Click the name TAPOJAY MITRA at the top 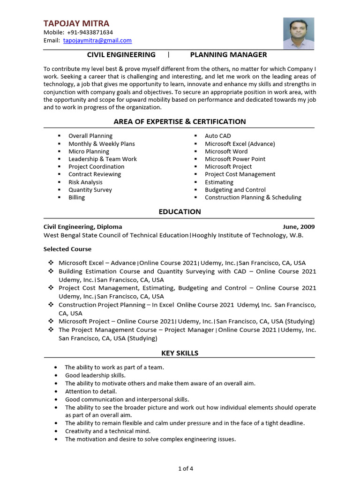tap(76, 23)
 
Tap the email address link tap(97, 40)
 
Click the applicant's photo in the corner tap(299, 33)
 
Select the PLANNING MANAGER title tap(228, 55)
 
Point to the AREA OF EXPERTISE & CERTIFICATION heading tap(180, 122)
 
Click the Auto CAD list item tap(217, 136)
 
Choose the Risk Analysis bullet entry tap(85, 182)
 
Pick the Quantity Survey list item tap(90, 190)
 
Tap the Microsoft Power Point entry tap(235, 159)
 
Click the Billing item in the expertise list tap(76, 197)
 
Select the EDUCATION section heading tap(180, 212)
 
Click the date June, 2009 tap(299, 227)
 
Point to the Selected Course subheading tap(67, 249)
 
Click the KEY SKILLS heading tap(180, 353)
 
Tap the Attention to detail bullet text tap(91, 391)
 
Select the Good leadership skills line tap(95, 375)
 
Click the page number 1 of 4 tap(185, 468)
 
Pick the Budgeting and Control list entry tap(235, 190)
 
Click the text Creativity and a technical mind tap(108, 431)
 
